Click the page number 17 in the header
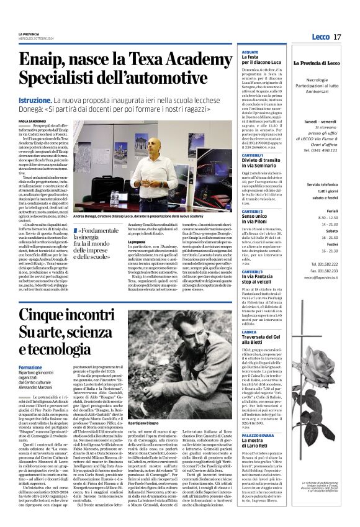point(337,37)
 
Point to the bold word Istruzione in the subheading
point(35,100)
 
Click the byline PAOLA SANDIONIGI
point(32,121)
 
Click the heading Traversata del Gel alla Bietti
point(264,338)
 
